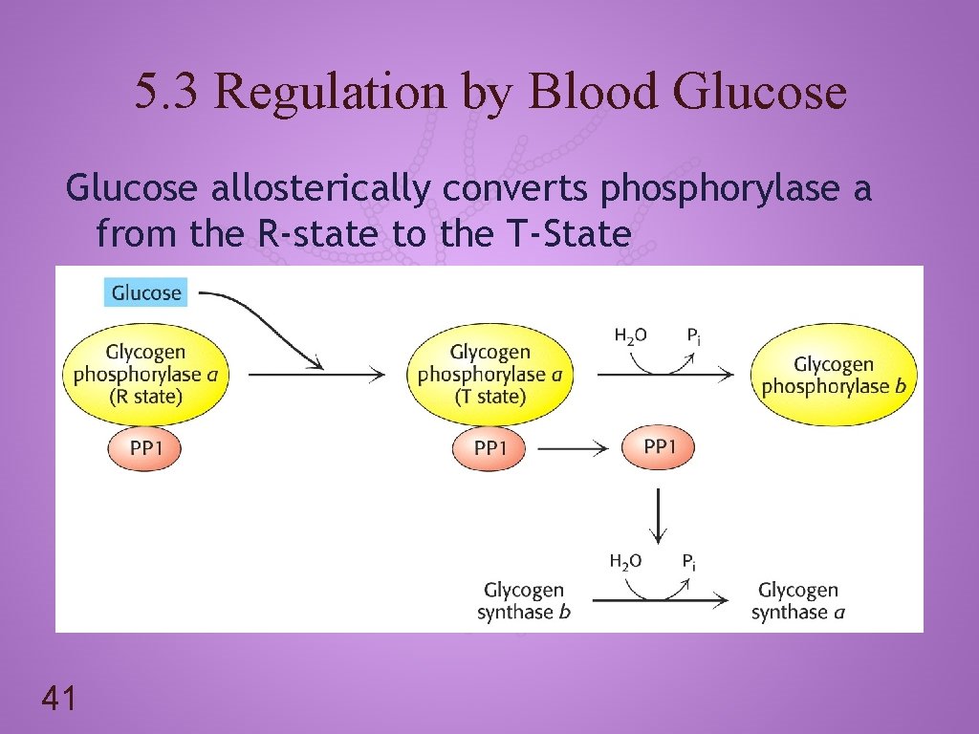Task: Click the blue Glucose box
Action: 146,292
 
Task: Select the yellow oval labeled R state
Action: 146,375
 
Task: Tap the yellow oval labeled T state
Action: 489,375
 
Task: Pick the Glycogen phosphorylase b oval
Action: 834,375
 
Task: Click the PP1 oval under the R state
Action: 143,448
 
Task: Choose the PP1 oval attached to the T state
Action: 489,448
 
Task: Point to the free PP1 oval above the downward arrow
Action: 658,447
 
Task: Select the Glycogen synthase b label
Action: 524,601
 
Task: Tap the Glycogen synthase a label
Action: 798,601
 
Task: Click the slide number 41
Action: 59,701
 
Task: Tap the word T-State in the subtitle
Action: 570,232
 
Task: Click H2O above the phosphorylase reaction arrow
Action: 630,335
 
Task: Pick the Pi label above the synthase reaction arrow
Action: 689,562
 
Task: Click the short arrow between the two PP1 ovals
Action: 574,447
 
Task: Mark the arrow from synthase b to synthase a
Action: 660,601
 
